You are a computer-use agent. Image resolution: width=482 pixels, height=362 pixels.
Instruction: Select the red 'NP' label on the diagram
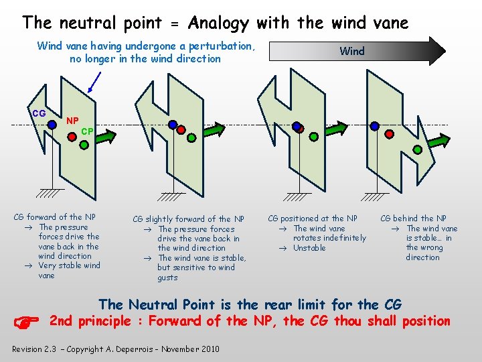72,121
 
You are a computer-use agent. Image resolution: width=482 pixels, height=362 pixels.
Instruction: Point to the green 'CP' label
86,131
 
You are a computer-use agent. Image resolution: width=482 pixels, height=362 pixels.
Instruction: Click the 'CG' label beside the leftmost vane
39,113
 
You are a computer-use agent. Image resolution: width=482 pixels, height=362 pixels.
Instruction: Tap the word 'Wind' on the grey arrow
352,51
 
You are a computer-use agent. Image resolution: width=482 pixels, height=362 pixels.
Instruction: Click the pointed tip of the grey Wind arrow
444,50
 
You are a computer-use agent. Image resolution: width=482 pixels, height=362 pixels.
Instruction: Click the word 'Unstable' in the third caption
309,248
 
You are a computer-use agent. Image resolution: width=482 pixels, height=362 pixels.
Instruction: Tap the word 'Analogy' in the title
219,23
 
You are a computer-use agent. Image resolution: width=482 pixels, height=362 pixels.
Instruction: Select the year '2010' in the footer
208,349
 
